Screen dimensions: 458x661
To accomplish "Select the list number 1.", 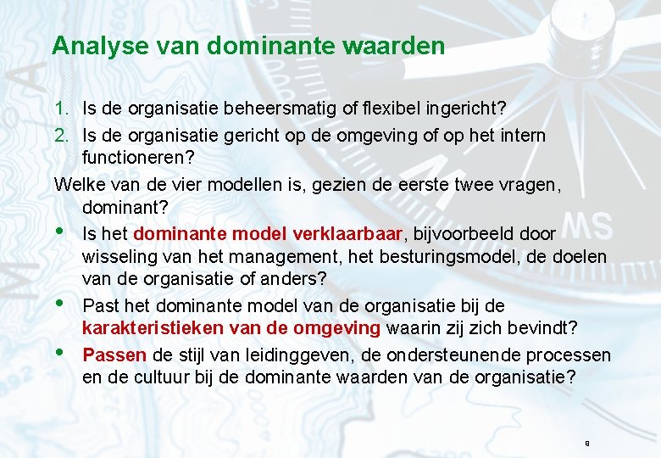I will pos(60,109).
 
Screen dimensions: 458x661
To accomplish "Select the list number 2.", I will pos(60,135).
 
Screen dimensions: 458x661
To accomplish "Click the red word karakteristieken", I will pos(147,328).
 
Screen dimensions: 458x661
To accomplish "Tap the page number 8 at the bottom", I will pos(586,444).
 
